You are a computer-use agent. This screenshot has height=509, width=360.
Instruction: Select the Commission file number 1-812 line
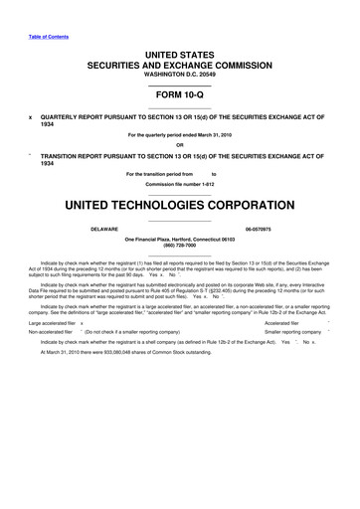(x=180, y=186)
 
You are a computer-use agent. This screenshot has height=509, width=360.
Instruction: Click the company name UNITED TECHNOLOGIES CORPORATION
(x=180, y=208)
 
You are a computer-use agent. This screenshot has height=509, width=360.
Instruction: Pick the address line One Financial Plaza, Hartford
(x=180, y=239)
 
